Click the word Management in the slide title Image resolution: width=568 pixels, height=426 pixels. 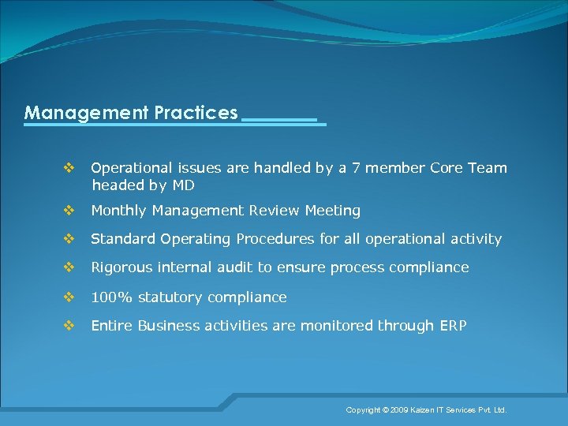click(84, 113)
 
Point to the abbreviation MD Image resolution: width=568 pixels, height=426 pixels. click(183, 186)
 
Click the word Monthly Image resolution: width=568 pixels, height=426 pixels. click(119, 211)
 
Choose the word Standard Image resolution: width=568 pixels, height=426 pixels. click(123, 239)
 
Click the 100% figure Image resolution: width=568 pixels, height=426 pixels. click(110, 297)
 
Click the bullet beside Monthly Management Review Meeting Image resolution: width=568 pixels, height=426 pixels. click(69, 211)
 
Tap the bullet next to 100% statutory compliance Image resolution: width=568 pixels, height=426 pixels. click(69, 297)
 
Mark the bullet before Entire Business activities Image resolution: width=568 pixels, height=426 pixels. click(69, 326)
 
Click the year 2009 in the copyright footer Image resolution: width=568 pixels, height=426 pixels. click(398, 410)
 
